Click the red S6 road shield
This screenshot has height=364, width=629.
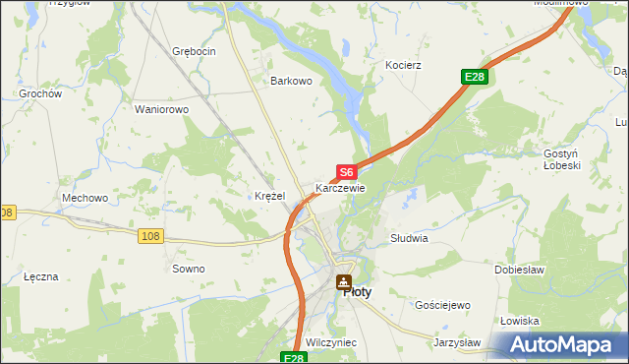pyautogui.click(x=346, y=171)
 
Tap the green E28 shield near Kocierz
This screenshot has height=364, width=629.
pyautogui.click(x=475, y=77)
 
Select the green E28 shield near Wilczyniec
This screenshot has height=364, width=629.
pyautogui.click(x=294, y=358)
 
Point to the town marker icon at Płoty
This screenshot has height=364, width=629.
pyautogui.click(x=343, y=283)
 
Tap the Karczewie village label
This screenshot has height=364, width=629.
pyautogui.click(x=340, y=188)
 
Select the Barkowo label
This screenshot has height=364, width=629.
pyautogui.click(x=291, y=82)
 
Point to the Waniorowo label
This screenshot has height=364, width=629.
pyautogui.click(x=161, y=109)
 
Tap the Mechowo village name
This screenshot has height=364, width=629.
pyautogui.click(x=85, y=198)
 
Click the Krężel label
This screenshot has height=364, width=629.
pyautogui.click(x=269, y=196)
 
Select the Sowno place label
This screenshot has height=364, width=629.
pyautogui.click(x=189, y=269)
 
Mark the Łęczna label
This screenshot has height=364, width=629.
pyautogui.click(x=41, y=277)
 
